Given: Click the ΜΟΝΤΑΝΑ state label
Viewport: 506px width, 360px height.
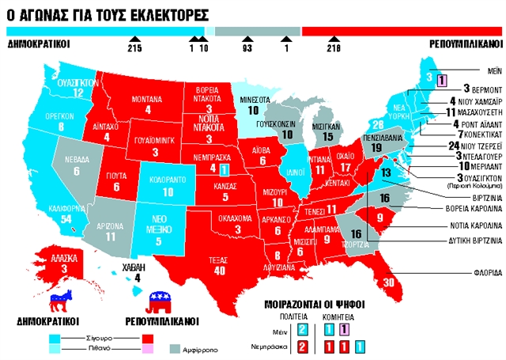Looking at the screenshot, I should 142,99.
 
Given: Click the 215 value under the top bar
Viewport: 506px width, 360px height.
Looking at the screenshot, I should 136,49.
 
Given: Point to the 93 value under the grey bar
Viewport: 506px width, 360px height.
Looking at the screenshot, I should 247,49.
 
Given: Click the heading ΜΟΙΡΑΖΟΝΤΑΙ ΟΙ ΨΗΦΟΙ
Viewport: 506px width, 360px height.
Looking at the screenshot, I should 315,302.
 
